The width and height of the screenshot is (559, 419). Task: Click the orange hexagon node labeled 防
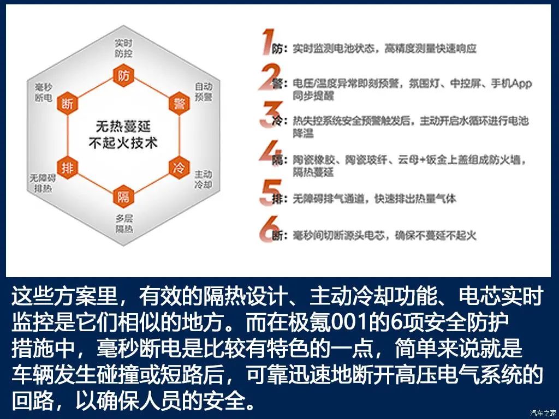(x=123, y=75)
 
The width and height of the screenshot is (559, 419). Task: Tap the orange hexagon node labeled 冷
(x=179, y=167)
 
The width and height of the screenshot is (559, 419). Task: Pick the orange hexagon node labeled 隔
(x=123, y=196)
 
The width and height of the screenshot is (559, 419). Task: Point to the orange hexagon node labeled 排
(x=68, y=167)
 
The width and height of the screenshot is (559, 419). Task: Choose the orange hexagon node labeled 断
(x=68, y=104)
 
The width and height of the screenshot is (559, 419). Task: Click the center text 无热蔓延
(x=123, y=127)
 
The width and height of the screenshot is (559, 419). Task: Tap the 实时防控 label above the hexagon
(x=123, y=48)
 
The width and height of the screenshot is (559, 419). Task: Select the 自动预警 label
(x=203, y=92)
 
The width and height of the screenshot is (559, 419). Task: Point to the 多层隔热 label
(x=124, y=224)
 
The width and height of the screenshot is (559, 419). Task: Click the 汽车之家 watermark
(x=543, y=412)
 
